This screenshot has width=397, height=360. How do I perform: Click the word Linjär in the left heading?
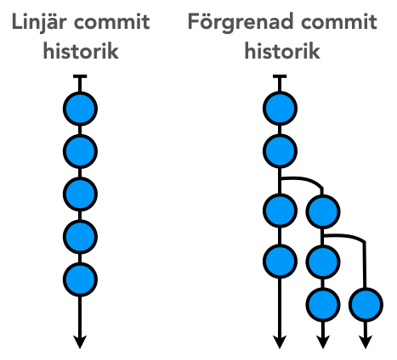[39, 22]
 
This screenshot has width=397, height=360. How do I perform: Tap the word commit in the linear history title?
[111, 22]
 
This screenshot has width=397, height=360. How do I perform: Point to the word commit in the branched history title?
[339, 22]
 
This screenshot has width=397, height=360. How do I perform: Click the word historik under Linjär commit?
[81, 51]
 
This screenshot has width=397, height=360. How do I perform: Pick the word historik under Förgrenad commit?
[282, 51]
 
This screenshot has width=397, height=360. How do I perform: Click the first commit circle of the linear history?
[80, 109]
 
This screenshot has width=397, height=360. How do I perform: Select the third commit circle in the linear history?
[80, 194]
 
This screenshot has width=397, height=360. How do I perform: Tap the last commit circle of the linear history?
[80, 279]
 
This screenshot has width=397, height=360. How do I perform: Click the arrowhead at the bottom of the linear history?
[80, 342]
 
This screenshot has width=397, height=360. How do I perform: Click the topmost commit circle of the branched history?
[280, 109]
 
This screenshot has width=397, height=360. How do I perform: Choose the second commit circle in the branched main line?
[280, 151]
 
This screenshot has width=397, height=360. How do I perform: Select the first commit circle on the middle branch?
[323, 211]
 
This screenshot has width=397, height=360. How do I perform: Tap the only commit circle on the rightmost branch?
[366, 305]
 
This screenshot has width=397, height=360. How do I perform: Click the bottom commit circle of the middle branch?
[323, 305]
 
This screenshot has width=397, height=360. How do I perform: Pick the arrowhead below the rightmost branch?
[366, 342]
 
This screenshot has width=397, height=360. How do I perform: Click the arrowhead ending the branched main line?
[280, 342]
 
